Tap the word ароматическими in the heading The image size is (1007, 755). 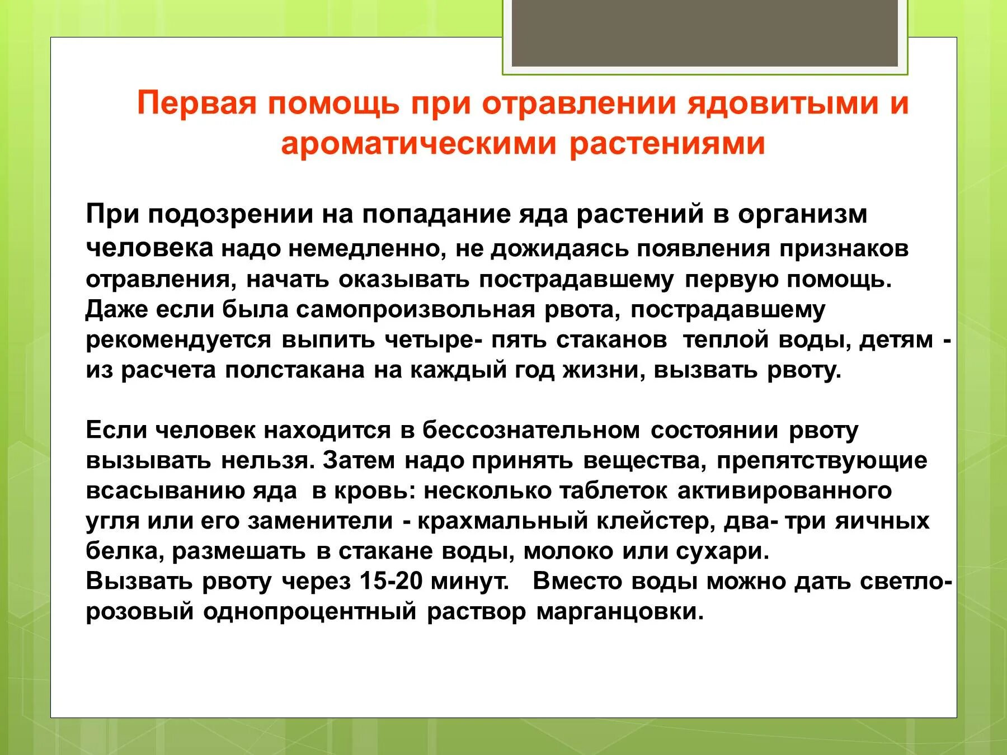(418, 144)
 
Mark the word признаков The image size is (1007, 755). (845, 249)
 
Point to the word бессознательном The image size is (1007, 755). (531, 431)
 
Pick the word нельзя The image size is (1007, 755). (265, 461)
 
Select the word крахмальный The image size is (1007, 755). (503, 521)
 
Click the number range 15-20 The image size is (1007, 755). (391, 582)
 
